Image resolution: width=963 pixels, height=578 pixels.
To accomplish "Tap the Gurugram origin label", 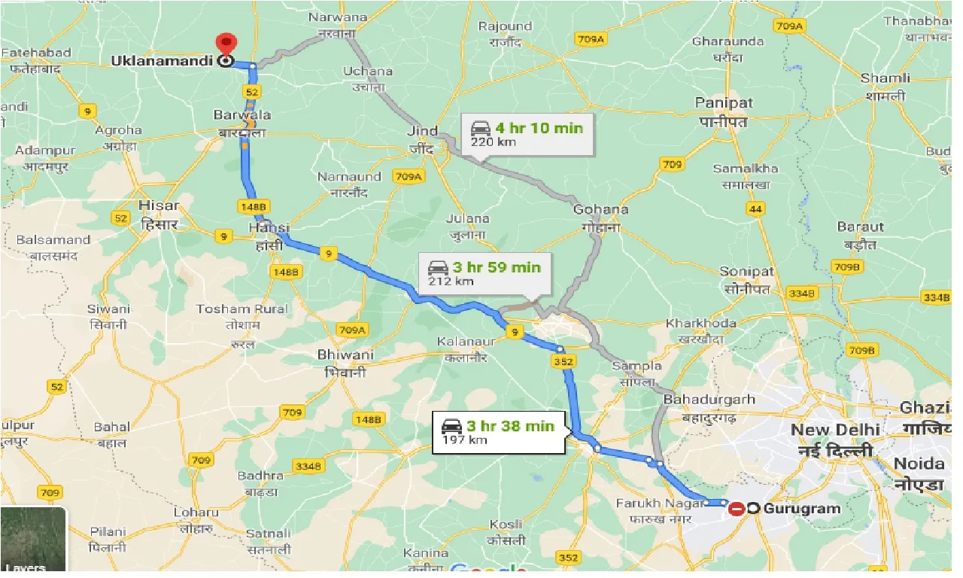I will (801, 509).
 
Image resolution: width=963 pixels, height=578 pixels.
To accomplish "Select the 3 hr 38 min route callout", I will (498, 432).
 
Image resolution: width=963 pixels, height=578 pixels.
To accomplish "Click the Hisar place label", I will (159, 205).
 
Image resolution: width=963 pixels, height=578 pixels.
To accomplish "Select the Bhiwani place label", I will (345, 354).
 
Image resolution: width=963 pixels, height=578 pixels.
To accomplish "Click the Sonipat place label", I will (746, 271).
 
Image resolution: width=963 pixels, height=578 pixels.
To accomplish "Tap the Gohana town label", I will (600, 209).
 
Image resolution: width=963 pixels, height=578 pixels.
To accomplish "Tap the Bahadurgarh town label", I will (710, 400).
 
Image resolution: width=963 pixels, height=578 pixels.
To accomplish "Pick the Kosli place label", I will (506, 524).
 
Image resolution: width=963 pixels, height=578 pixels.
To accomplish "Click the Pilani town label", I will (108, 531).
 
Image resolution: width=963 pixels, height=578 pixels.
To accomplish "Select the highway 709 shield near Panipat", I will (670, 164).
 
